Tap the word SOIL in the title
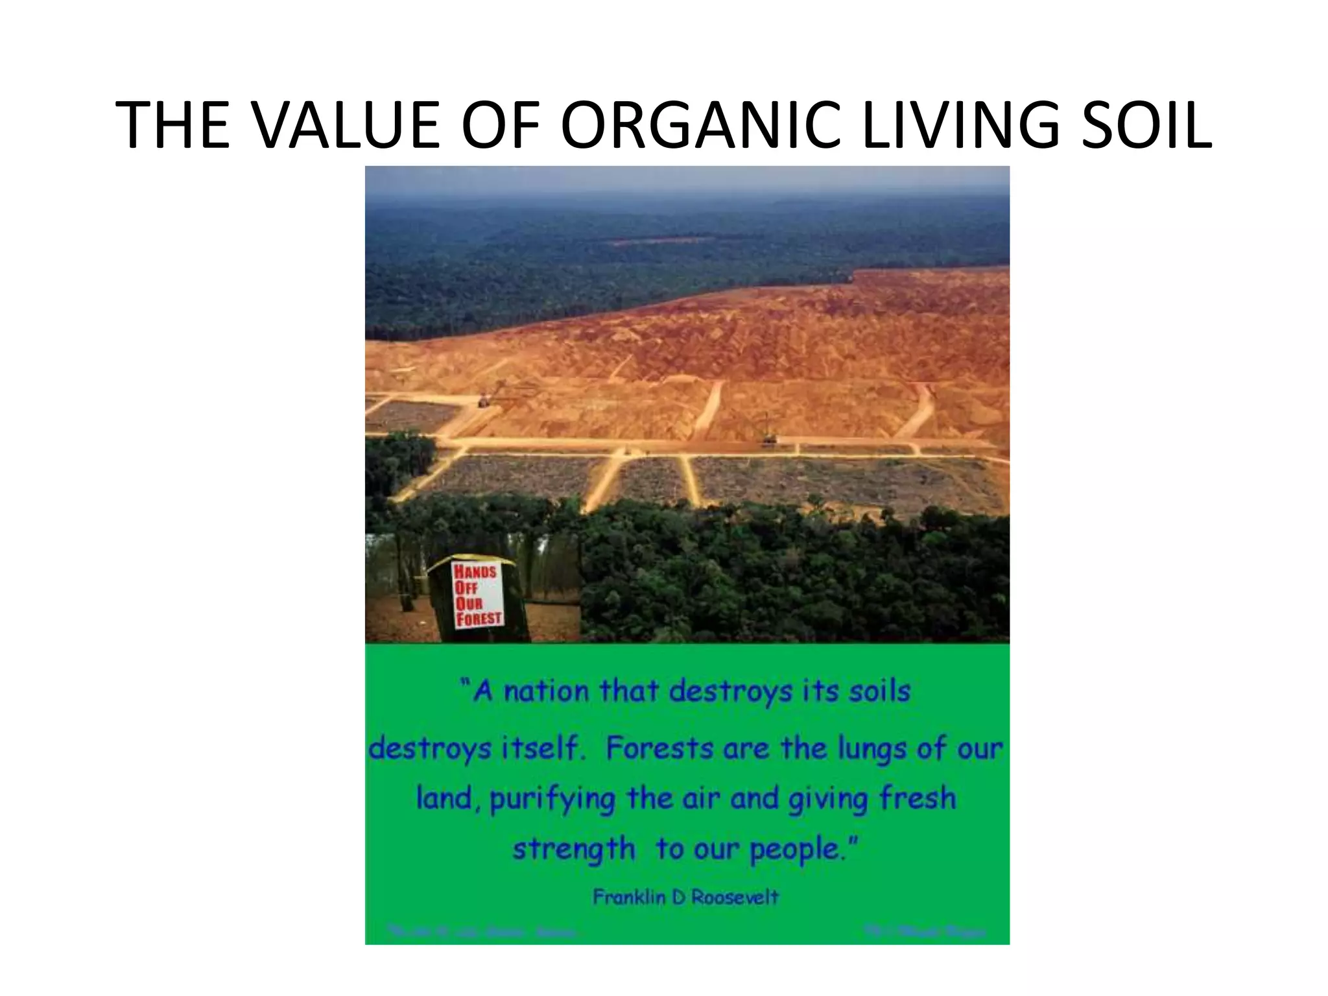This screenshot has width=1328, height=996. (1141, 125)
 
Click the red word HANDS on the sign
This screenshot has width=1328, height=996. (475, 572)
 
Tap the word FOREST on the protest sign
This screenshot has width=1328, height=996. (479, 618)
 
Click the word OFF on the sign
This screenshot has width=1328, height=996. (466, 587)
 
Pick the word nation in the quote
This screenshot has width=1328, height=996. (547, 691)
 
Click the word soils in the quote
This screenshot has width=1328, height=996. (880, 691)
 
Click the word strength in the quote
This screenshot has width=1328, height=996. (574, 849)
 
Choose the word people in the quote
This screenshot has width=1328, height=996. (803, 849)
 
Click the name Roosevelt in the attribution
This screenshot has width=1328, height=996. (735, 897)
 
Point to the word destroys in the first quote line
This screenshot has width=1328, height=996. (731, 691)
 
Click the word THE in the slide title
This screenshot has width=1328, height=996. (172, 125)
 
